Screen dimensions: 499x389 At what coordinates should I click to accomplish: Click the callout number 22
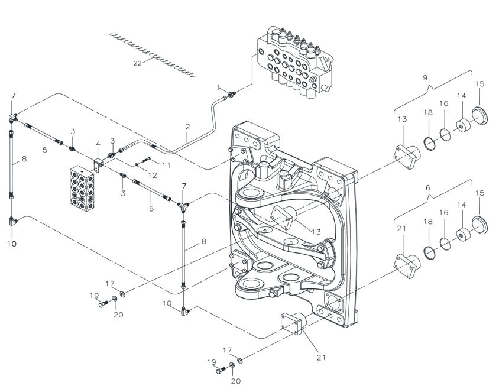point(137,63)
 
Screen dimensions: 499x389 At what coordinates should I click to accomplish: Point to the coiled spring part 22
point(153,54)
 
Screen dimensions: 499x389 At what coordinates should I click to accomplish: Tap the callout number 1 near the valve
point(218,87)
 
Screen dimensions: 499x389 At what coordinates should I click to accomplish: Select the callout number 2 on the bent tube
point(188,127)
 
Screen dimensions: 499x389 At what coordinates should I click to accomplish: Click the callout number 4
point(98,144)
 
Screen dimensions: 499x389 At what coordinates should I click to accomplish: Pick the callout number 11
point(166,165)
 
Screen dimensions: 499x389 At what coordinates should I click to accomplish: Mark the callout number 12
point(153,175)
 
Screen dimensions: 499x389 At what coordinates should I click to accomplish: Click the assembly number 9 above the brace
point(426,77)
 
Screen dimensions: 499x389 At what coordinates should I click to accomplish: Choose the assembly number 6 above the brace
point(427,188)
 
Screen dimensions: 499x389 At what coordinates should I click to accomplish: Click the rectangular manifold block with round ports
point(82,188)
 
